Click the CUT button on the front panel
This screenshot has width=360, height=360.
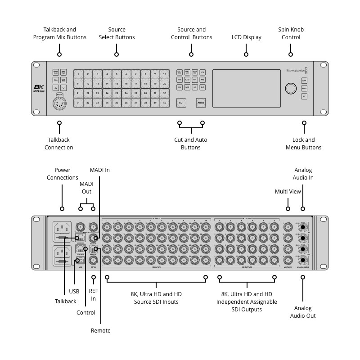click(x=181, y=103)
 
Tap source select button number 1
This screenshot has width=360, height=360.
click(x=78, y=74)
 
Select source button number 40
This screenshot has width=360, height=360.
click(x=165, y=103)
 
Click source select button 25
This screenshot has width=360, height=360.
click(x=117, y=93)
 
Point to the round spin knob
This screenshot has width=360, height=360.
click(x=290, y=87)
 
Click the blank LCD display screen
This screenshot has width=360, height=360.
click(x=246, y=88)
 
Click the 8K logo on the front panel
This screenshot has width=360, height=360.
click(x=39, y=88)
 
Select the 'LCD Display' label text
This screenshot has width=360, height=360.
click(x=246, y=37)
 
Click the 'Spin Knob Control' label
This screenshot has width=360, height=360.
click(x=291, y=33)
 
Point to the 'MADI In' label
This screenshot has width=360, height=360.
click(x=99, y=170)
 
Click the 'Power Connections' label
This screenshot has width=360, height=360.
click(x=63, y=174)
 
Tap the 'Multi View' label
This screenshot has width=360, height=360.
click(x=288, y=192)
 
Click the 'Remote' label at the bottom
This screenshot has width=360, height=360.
click(x=100, y=330)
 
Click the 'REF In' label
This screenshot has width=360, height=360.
click(x=93, y=295)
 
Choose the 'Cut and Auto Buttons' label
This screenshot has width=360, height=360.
click(x=191, y=144)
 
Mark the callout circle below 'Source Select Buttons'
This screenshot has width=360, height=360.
click(x=117, y=54)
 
